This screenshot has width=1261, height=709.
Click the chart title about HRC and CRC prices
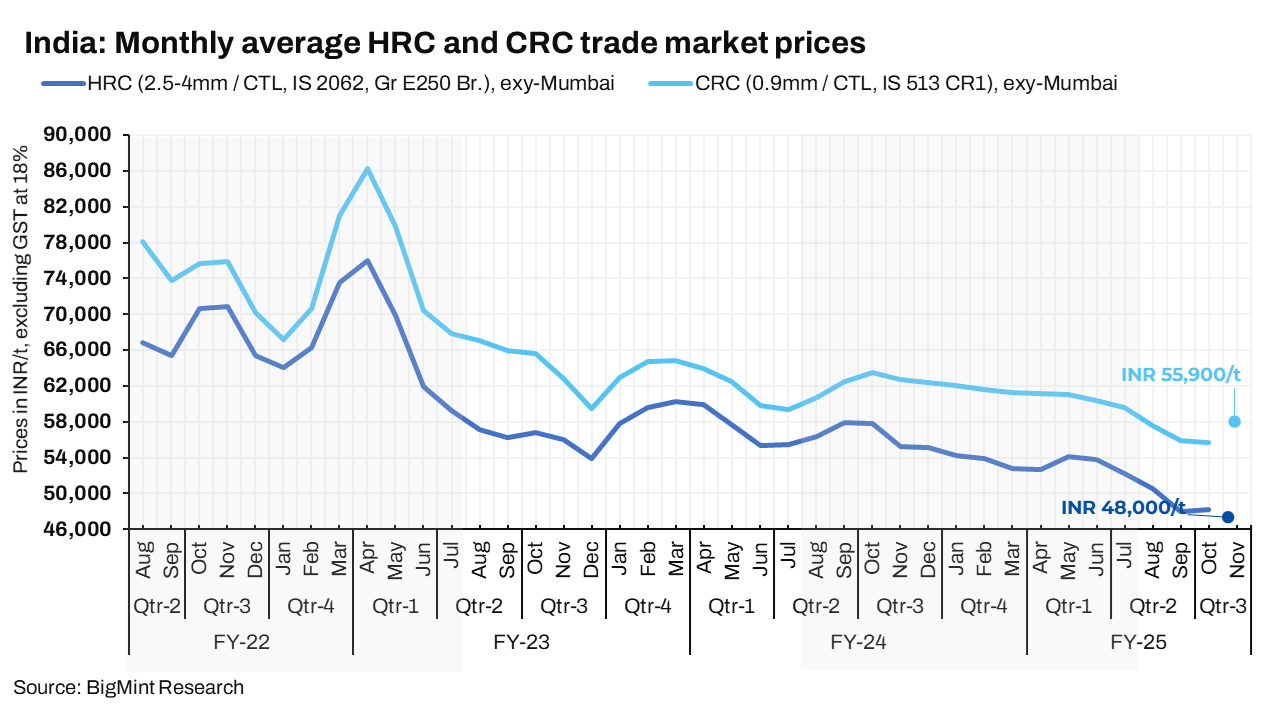click(444, 43)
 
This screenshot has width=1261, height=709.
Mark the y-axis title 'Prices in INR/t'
click(21, 309)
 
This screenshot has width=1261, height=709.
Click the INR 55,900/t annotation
click(1181, 375)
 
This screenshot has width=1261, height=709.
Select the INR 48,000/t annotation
click(1123, 507)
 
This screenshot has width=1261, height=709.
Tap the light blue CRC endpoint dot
click(1234, 422)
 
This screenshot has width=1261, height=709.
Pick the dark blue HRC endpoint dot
click(1228, 517)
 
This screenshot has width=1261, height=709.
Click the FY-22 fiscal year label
click(241, 642)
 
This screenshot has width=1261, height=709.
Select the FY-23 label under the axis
click(521, 642)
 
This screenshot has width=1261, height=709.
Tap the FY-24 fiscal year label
click(858, 642)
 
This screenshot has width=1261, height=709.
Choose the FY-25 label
click(1138, 642)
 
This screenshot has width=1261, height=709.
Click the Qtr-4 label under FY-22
click(311, 606)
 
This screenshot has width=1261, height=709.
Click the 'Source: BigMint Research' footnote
click(128, 688)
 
